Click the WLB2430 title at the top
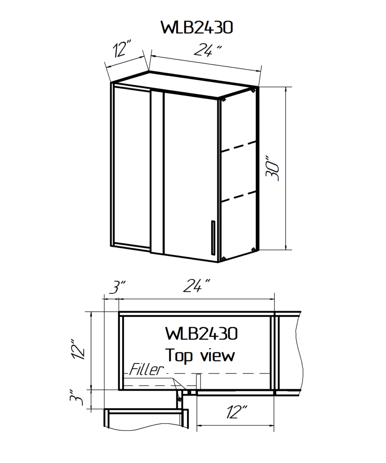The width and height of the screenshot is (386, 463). point(197,28)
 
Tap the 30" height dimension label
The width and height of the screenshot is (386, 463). point(273,168)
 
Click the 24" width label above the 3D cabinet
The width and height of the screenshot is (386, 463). point(208,50)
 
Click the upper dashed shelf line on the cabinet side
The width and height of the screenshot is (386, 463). point(239,147)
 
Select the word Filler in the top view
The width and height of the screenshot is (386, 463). point(146,369)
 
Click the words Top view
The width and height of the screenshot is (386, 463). point(200,355)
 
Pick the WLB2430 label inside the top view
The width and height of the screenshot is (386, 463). point(202,334)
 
